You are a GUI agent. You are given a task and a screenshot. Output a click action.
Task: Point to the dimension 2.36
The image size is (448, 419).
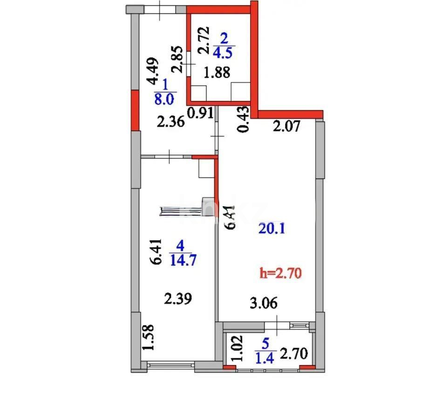170,123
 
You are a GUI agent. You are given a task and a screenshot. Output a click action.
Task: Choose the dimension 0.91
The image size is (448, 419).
200,113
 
